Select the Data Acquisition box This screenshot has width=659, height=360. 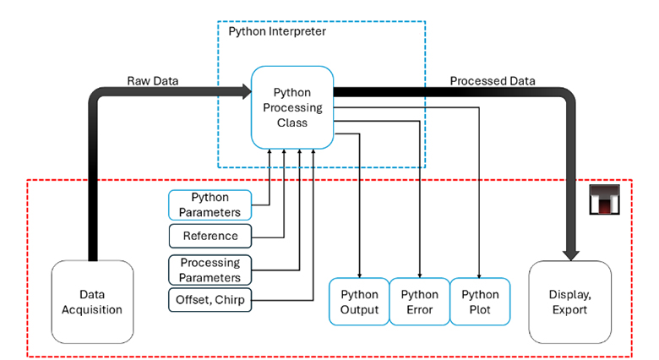[x=92, y=303]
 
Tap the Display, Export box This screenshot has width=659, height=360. [x=569, y=303]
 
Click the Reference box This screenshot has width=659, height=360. [x=210, y=237]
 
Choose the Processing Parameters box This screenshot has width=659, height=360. [x=210, y=270]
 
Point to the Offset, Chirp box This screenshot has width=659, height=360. [x=210, y=300]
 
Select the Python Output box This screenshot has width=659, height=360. [x=359, y=303]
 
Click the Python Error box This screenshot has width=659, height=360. [x=419, y=303]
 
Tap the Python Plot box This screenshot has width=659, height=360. [x=479, y=303]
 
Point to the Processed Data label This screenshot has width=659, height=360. [x=493, y=80]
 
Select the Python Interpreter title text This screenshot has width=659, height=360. [x=277, y=31]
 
